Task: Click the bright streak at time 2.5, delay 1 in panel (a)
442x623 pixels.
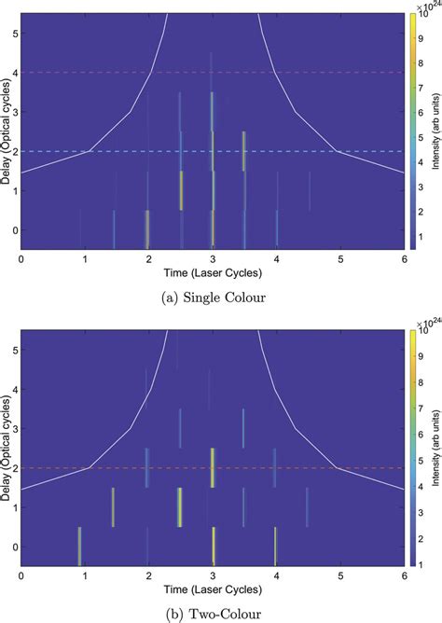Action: pos(181,190)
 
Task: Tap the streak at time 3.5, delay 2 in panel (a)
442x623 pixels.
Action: pos(243,151)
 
